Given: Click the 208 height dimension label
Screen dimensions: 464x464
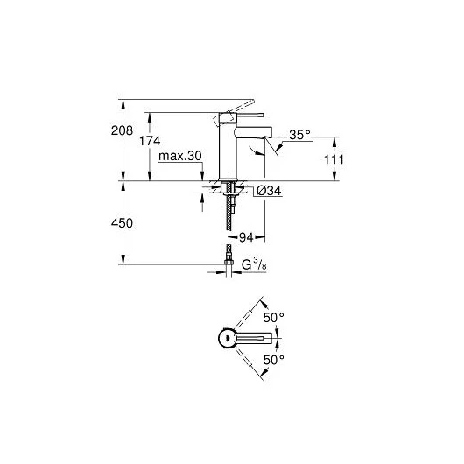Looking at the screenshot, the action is point(122,130).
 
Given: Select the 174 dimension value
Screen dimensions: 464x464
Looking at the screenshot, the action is point(150,141).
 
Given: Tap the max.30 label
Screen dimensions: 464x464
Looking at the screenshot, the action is point(180,156).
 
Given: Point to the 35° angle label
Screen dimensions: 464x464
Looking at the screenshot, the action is point(300,135).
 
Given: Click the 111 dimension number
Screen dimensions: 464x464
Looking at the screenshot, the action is point(334,160).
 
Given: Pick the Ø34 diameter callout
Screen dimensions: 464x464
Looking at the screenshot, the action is point(269,191).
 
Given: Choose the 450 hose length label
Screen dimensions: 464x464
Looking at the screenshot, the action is point(122,223).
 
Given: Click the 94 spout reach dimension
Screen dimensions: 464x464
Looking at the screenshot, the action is point(246,237).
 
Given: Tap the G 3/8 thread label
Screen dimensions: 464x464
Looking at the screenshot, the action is point(254,264).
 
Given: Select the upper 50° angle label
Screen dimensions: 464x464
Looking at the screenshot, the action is point(274,318).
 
